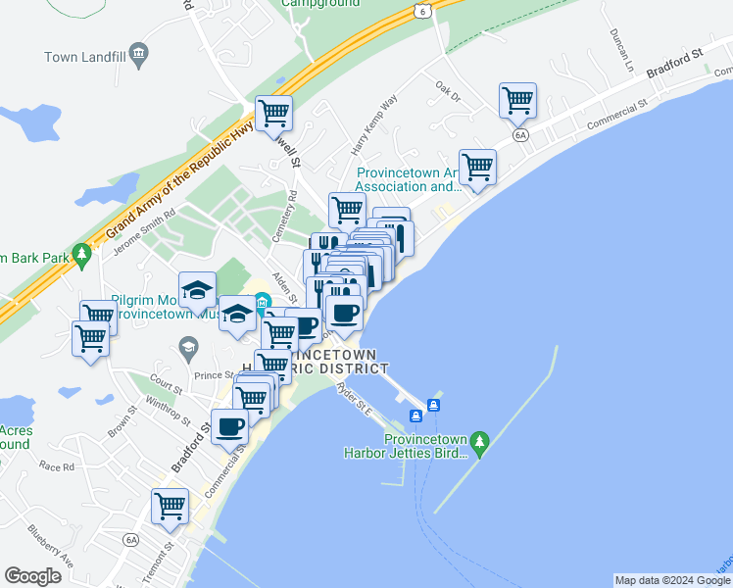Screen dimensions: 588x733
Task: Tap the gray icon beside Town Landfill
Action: click(x=138, y=56)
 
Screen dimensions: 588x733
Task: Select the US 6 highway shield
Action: click(x=420, y=11)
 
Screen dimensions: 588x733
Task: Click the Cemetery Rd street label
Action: click(x=284, y=217)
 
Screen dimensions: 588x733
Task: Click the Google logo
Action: click(x=33, y=576)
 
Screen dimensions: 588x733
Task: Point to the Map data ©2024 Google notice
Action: click(x=671, y=580)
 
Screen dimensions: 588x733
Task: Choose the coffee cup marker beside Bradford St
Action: click(x=230, y=427)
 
